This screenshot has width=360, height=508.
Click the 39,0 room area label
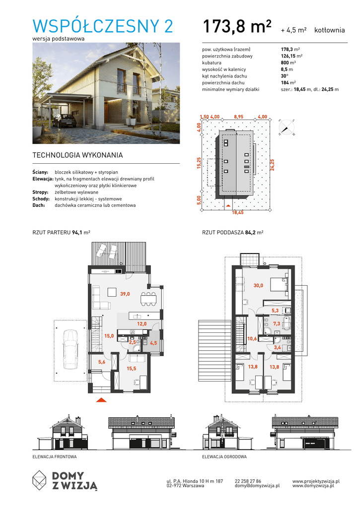click(x=125, y=294)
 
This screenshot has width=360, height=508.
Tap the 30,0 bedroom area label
click(x=258, y=285)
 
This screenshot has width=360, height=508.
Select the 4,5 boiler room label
click(x=153, y=343)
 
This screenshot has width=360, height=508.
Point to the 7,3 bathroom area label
click(x=276, y=323)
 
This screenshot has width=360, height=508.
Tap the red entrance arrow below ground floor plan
click(x=101, y=400)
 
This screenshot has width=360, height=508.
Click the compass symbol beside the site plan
click(x=286, y=127)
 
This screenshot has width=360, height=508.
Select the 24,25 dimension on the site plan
click(x=272, y=165)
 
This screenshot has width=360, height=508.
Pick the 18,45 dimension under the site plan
click(x=238, y=212)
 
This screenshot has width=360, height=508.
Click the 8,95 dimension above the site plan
click(x=238, y=117)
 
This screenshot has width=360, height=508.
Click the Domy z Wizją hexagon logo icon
click(x=40, y=480)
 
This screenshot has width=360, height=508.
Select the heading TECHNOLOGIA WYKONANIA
click(x=77, y=155)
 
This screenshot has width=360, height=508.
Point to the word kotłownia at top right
click(x=330, y=30)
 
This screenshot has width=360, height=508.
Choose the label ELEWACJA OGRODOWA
click(x=224, y=457)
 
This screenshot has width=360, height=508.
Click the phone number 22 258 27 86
click(x=248, y=481)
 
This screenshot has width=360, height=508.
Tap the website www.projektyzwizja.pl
click(x=316, y=481)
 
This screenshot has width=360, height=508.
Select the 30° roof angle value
click(x=284, y=76)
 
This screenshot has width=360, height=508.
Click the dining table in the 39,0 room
click(x=148, y=299)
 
